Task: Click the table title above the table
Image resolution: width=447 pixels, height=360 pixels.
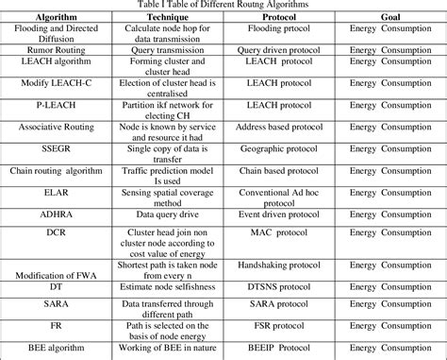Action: (x=223, y=6)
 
